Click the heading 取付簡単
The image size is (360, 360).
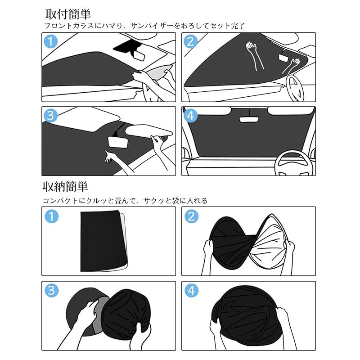[x=68, y=14]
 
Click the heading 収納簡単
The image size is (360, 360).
[x=65, y=186]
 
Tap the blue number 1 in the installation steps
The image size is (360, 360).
[x=50, y=42]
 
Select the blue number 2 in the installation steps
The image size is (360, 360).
[x=190, y=42]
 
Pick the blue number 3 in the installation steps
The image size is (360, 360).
[x=50, y=116]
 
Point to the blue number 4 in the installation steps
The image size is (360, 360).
[x=190, y=116]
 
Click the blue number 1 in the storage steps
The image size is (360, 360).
[x=52, y=216]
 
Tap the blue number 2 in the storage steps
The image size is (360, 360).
[x=192, y=216]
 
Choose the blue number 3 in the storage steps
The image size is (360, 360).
[x=51, y=290]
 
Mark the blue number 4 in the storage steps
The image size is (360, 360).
[x=192, y=290]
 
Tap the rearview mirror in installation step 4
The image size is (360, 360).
[x=249, y=119]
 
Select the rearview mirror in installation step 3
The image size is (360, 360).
[x=117, y=142]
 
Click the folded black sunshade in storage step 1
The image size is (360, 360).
[x=103, y=241]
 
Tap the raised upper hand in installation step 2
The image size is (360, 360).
[x=254, y=55]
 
